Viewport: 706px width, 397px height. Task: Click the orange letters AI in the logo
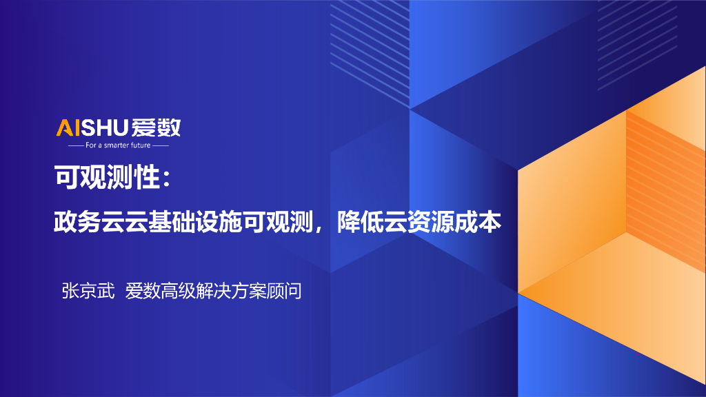[69, 128]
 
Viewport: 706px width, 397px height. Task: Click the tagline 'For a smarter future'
[118, 145]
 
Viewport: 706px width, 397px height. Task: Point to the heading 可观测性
[106, 179]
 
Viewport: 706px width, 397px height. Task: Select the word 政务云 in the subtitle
[88, 222]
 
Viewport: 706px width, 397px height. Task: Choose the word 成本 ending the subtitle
[480, 222]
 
